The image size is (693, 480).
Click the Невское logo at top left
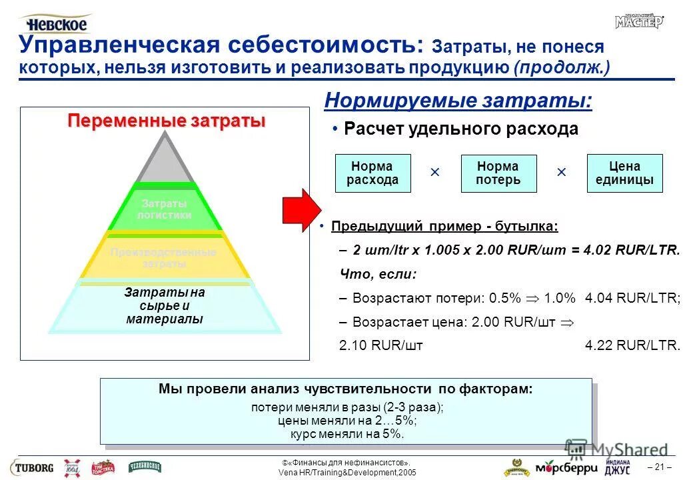tap(56, 23)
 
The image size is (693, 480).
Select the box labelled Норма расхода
tap(372, 173)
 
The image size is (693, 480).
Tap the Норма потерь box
tap(498, 173)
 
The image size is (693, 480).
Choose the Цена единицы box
tap(624, 173)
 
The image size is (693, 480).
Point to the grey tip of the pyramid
tap(165, 160)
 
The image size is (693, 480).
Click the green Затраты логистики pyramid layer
tap(165, 209)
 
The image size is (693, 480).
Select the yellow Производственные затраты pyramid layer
tap(164, 257)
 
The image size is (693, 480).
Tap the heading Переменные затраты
tap(167, 121)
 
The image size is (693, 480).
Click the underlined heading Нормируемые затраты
tap(458, 101)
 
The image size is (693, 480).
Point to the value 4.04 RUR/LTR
tap(632, 298)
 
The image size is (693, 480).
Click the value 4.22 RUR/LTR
tap(632, 345)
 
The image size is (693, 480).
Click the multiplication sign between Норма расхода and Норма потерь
tap(435, 173)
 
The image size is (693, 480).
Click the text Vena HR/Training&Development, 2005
tap(346, 472)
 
